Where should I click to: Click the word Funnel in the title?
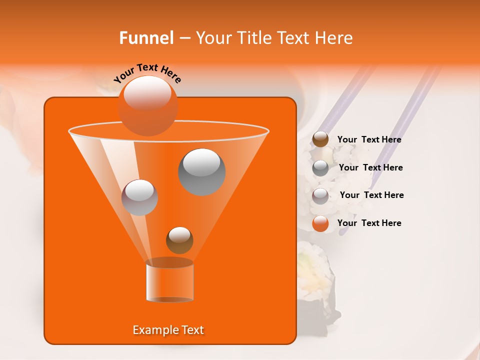tap(146, 38)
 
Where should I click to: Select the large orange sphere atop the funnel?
tap(147, 105)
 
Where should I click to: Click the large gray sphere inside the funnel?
tap(201, 171)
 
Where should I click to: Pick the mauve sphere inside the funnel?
tap(139, 197)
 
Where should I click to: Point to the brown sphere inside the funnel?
tap(179, 240)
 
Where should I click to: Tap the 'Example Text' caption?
tap(168, 330)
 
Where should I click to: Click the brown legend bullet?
tap(320, 139)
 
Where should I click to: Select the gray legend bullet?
tap(320, 168)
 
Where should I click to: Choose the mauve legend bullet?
tap(320, 196)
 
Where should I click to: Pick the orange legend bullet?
tap(320, 224)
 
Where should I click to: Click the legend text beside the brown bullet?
tap(369, 140)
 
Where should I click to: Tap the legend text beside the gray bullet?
tap(370, 167)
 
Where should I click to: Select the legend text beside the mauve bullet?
tap(371, 195)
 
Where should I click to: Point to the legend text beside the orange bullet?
tap(369, 223)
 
